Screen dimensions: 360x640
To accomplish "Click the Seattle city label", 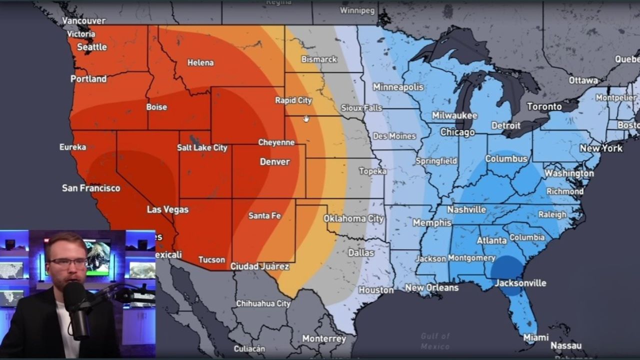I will [x=91, y=47].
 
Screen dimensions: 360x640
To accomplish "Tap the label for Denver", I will [x=274, y=161].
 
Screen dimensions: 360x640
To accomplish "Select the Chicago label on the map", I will [x=457, y=132].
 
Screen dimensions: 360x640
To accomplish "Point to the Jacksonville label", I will [x=520, y=283].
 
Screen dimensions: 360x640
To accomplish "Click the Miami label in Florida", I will [x=535, y=337].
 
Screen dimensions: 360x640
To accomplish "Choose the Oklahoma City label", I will [x=353, y=218].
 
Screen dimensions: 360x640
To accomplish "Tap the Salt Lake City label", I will [x=202, y=147].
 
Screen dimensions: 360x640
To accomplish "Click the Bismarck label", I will [x=319, y=59].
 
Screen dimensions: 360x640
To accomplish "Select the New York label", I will [x=601, y=148].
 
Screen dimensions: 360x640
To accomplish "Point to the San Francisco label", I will [x=91, y=188].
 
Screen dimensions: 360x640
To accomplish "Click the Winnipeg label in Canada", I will [x=357, y=10].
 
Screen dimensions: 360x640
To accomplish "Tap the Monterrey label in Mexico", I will [x=323, y=338].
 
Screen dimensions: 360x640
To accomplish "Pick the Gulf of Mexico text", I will [x=435, y=341].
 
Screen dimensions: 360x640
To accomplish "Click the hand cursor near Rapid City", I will [x=306, y=118].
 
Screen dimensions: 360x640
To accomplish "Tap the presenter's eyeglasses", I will [x=67, y=262].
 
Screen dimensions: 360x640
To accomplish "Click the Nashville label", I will [x=466, y=209].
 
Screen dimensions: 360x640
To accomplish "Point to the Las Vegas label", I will [x=167, y=209].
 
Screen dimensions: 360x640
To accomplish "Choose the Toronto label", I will [x=544, y=106].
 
